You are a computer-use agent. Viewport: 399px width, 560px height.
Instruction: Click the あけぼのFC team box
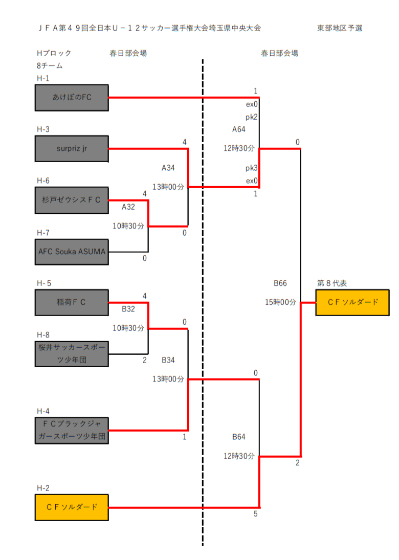click(72, 98)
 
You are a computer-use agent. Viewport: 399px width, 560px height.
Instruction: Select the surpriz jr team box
click(72, 149)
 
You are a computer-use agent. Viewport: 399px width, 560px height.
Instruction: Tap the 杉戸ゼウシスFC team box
click(72, 200)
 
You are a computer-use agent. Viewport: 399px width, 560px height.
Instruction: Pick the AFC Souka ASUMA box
click(72, 252)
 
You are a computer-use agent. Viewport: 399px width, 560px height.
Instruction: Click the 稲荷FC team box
click(72, 302)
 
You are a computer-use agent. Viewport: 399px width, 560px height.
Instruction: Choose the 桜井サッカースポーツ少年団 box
click(72, 354)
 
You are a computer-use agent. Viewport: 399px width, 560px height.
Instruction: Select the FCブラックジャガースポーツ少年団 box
click(72, 431)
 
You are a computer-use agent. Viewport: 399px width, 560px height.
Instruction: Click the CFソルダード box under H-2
click(72, 507)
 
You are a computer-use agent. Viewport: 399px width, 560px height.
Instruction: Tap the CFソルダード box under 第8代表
click(352, 302)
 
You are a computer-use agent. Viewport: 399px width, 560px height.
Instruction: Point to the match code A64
click(239, 129)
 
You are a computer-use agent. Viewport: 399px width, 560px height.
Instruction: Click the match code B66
click(280, 283)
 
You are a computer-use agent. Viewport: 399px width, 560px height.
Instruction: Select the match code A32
click(128, 207)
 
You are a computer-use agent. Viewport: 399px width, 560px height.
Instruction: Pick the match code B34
click(168, 360)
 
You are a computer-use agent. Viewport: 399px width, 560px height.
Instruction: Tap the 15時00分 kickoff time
click(280, 302)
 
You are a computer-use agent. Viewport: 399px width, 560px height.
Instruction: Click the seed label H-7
click(43, 233)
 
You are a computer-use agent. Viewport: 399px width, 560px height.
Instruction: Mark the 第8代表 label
click(332, 283)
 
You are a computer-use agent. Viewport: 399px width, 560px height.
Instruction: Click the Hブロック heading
click(54, 53)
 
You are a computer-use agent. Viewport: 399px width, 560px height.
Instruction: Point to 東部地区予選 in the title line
click(340, 28)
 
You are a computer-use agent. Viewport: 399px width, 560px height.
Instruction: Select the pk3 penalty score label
click(251, 168)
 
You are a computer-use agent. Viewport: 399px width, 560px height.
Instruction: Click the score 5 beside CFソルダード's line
click(255, 514)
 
